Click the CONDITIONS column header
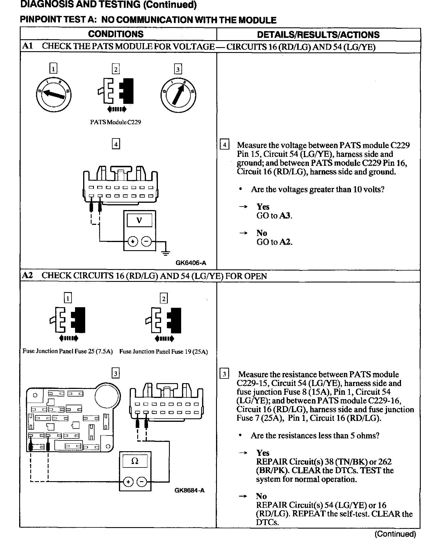click(x=116, y=34)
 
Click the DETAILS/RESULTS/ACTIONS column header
click(x=318, y=35)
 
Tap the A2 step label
click(x=27, y=275)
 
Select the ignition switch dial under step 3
click(x=178, y=95)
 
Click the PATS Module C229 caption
click(x=115, y=122)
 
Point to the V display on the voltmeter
click(x=139, y=221)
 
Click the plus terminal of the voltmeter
click(x=133, y=241)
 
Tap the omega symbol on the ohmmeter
click(x=135, y=461)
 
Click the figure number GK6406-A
click(x=191, y=263)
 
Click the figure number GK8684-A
click(x=189, y=490)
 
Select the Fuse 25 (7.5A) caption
click(x=67, y=351)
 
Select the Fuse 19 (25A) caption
click(x=163, y=352)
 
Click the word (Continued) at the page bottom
click(x=395, y=534)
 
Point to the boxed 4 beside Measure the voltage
click(x=224, y=145)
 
